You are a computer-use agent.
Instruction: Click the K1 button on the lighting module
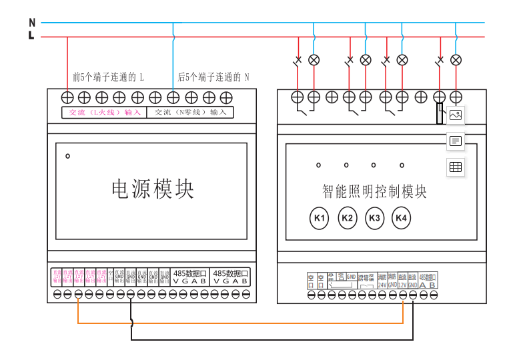tap(320, 218)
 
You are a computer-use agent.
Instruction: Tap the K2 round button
tap(347, 218)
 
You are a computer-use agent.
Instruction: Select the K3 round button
tap(374, 218)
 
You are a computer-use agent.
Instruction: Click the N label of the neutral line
tap(31, 23)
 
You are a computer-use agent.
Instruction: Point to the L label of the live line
tap(31, 36)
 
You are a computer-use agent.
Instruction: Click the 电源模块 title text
tap(152, 189)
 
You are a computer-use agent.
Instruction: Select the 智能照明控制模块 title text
tap(374, 192)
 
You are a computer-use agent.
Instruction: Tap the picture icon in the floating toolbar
tap(456, 115)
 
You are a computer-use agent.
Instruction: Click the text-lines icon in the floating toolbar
tap(456, 141)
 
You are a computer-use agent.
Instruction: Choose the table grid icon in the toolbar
tap(456, 168)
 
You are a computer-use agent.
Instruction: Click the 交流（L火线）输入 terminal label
tap(105, 112)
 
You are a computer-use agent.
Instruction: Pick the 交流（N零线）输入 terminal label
tap(190, 112)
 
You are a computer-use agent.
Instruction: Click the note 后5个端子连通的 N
tap(213, 77)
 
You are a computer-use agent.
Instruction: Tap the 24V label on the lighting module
tap(383, 284)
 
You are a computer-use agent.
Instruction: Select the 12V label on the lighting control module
tap(402, 284)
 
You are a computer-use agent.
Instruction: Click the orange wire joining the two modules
tap(240, 323)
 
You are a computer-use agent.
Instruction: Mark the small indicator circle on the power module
tap(67, 157)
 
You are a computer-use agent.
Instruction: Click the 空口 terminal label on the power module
tap(111, 277)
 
